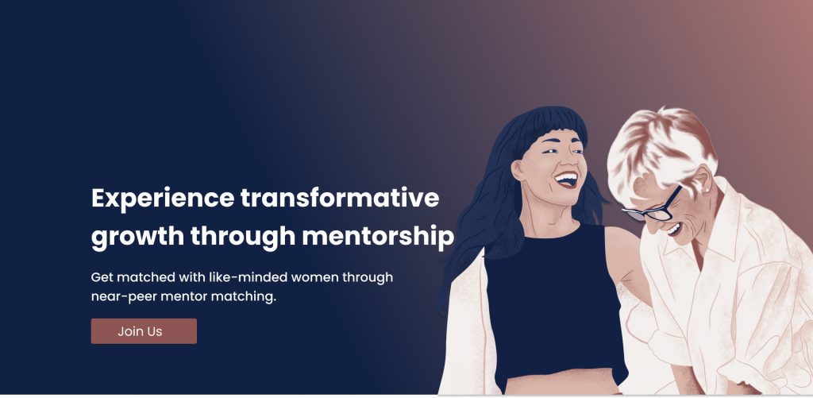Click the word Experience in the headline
click(163, 199)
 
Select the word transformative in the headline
click(340, 199)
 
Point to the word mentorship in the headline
click(378, 237)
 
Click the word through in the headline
click(243, 237)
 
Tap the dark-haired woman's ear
click(517, 171)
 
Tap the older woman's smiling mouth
click(673, 229)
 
